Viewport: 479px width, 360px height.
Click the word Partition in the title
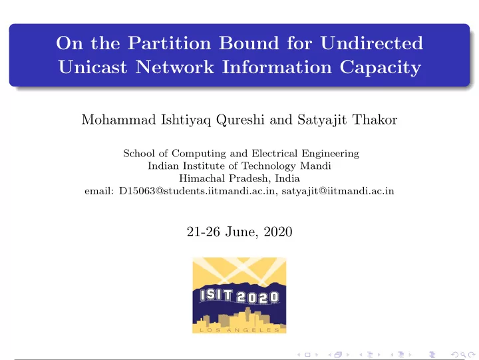click(169, 43)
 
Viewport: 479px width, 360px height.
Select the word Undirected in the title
click(371, 43)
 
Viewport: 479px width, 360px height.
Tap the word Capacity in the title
click(381, 68)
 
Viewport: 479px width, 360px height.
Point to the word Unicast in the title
click(92, 67)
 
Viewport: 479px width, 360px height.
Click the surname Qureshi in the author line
click(240, 120)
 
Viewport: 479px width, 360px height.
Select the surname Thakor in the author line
click(375, 120)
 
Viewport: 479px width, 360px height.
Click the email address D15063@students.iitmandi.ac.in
click(198, 191)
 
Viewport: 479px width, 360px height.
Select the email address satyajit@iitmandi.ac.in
click(338, 191)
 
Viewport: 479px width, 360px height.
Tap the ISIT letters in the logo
click(216, 295)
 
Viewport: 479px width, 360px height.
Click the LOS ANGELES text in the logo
click(239, 330)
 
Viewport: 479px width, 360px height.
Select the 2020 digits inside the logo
click(257, 297)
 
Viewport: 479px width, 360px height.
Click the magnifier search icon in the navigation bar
click(463, 355)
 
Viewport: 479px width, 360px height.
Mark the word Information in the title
click(277, 67)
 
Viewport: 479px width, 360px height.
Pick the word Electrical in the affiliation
click(274, 153)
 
